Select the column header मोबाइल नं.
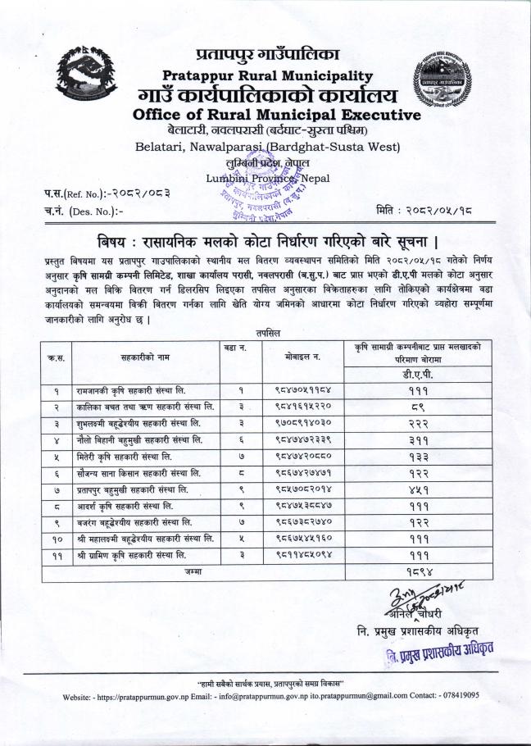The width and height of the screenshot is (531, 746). pos(292,357)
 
